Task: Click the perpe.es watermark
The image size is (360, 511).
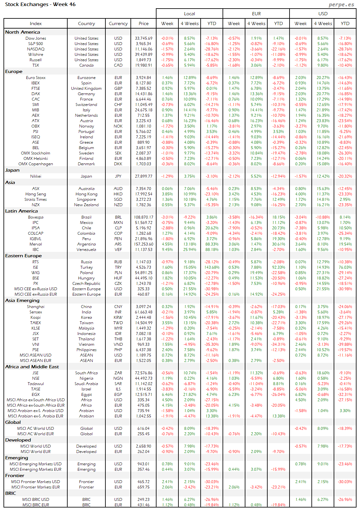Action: pos(341,4)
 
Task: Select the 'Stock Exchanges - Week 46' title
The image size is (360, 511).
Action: pos(40,4)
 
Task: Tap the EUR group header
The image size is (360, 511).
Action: pos(256,14)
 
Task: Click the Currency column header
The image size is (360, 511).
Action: pos(118,23)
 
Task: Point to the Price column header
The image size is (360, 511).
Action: pos(143,23)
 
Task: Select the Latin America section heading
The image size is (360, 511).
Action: pos(21,211)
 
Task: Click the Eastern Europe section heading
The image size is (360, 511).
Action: pos(23,256)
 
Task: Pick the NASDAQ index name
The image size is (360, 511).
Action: pos(36,49)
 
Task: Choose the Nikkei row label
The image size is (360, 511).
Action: pos(36,176)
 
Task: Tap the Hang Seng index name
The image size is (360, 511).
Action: pos(36,194)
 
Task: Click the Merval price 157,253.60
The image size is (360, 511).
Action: pos(143,244)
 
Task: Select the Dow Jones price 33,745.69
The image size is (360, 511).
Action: pos(143,38)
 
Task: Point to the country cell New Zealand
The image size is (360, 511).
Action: pos(86,205)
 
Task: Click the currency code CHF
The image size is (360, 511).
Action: pos(118,105)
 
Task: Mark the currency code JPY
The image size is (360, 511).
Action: pos(118,176)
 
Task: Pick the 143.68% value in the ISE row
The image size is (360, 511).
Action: pos(212,267)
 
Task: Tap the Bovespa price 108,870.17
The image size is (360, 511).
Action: pos(143,217)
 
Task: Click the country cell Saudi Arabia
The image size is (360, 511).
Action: pos(86,384)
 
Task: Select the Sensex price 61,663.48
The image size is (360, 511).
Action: pos(143,312)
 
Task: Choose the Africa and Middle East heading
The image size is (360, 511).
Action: pos(32,367)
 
